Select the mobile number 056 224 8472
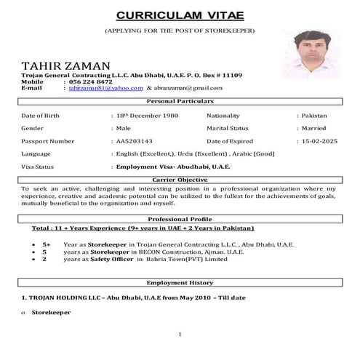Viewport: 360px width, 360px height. pos(92,81)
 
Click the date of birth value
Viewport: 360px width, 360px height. pos(145,116)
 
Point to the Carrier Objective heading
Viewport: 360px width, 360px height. pos(180,179)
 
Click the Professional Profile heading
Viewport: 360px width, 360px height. pos(180,219)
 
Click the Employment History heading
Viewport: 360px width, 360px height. pos(180,282)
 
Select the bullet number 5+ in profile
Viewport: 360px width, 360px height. pos(47,245)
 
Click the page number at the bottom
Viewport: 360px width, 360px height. pos(179,334)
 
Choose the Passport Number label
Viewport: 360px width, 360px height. pos(48,140)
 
